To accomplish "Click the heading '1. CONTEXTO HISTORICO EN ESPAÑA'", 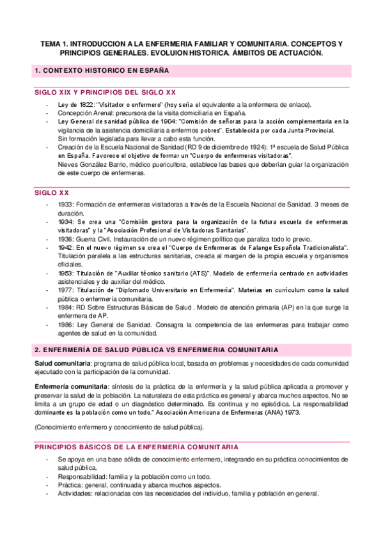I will pyautogui.click(x=102, y=70).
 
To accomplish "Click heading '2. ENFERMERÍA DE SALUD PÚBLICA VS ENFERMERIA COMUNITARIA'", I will pyautogui.click(x=156, y=350).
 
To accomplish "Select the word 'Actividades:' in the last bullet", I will pyautogui.click(x=76, y=493).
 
